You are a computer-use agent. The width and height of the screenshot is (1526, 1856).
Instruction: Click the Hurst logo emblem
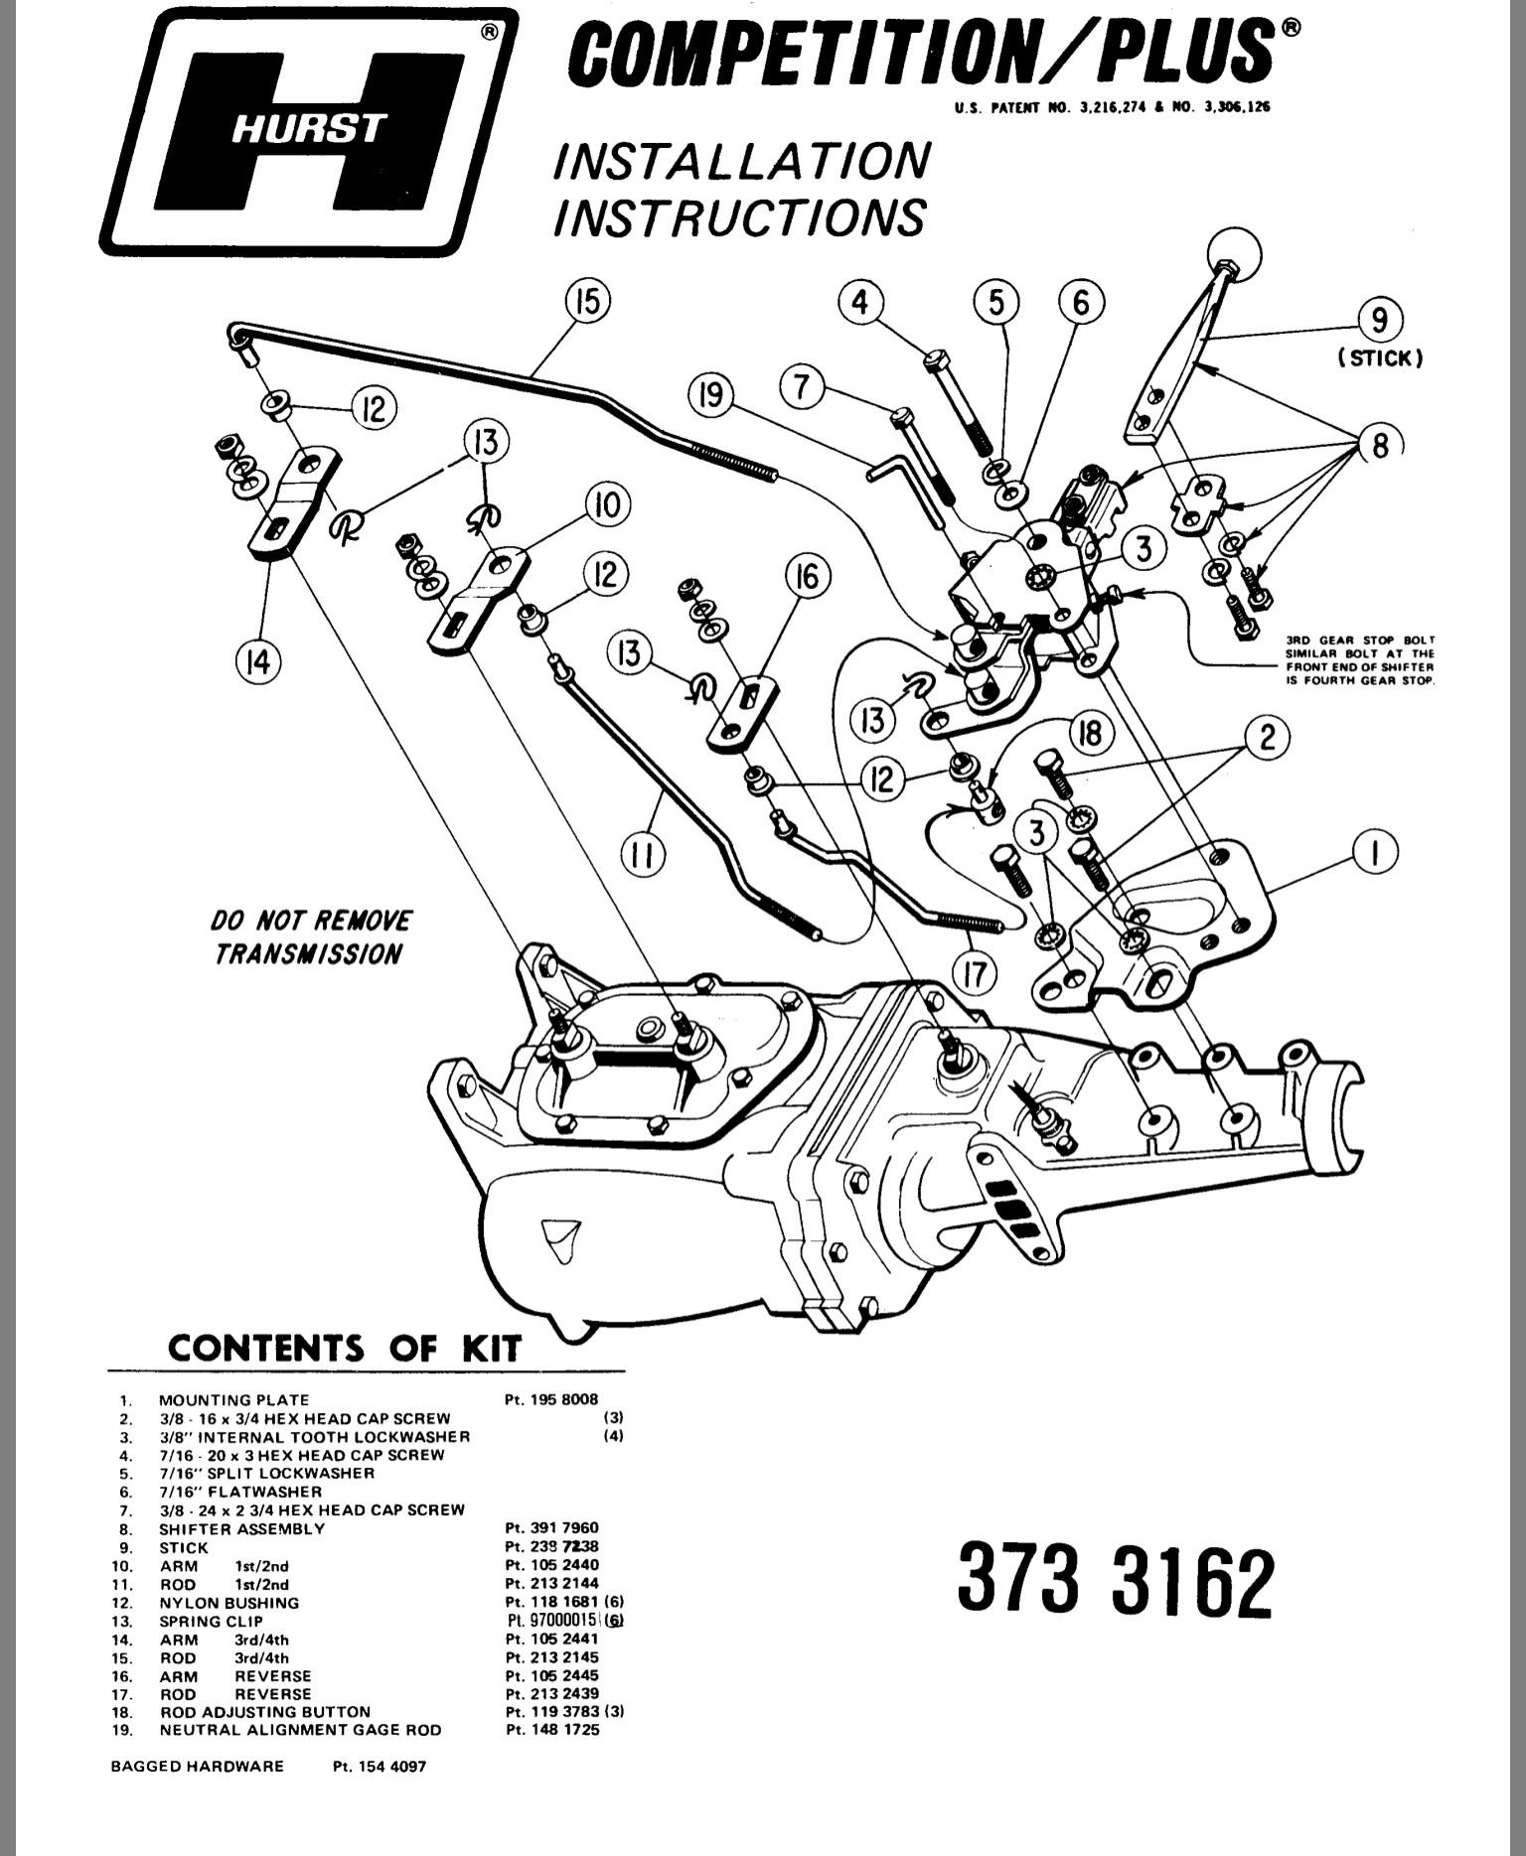point(308,131)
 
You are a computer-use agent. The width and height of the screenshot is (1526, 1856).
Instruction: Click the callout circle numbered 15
point(588,301)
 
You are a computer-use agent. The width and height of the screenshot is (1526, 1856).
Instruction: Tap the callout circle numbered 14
point(257,661)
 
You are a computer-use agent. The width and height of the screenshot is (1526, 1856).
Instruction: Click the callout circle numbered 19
point(712,397)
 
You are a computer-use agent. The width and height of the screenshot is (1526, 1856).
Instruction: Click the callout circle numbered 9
point(1380,321)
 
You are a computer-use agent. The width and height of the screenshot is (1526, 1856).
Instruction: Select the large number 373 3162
point(1114,1581)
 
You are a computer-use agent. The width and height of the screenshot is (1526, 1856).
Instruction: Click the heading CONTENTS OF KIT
point(344,1349)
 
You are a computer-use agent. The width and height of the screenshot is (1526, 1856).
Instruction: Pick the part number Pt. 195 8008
point(551,1399)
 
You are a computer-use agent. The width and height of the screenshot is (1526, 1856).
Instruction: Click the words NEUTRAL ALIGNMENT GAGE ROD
point(300,1730)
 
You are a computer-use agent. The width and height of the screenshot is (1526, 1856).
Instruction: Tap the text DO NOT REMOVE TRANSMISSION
point(310,936)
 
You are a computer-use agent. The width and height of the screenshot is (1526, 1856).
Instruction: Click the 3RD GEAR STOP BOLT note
point(1360,660)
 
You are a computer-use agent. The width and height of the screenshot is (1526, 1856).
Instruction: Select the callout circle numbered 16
point(807,576)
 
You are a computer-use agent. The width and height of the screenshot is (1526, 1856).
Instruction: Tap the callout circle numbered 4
point(860,301)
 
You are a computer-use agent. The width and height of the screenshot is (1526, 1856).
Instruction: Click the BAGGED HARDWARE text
point(197,1767)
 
